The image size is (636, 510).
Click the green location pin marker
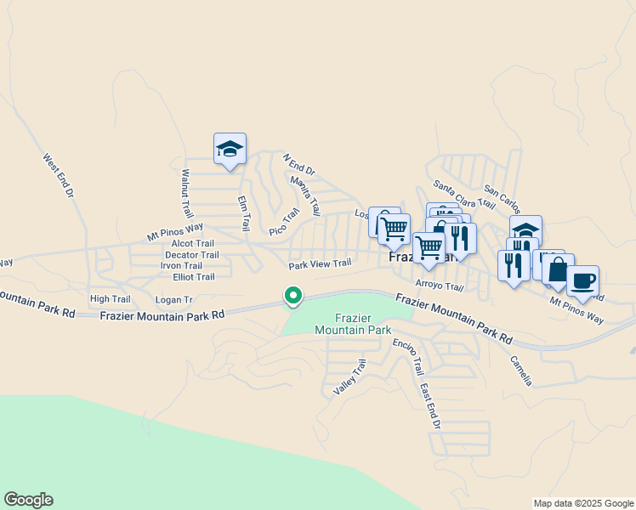[293, 296]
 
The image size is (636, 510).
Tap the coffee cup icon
[582, 280]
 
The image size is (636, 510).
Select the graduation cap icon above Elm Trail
[230, 149]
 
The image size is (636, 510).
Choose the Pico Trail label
[285, 221]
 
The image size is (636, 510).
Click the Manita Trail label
[304, 194]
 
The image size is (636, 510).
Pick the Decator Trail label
[191, 254]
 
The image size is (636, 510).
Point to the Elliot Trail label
[193, 276]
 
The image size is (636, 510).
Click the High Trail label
[110, 298]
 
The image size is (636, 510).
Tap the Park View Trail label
[320, 263]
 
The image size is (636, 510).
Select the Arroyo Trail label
[439, 286]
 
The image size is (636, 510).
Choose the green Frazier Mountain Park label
[352, 323]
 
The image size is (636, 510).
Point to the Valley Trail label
[349, 376]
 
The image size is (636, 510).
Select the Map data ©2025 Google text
[582, 503]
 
